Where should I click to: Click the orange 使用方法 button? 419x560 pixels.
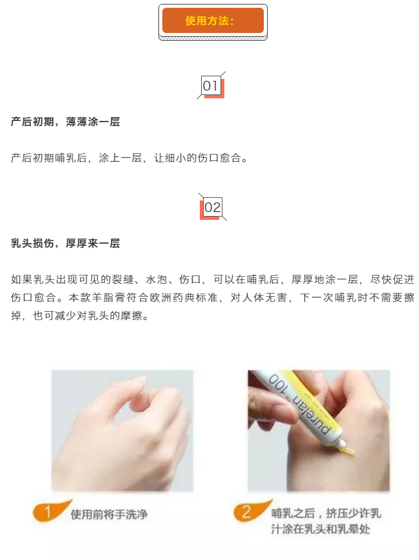213,20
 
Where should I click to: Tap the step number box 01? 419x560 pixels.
211,85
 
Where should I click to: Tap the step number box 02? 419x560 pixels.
213,207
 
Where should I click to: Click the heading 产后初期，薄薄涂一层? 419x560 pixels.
65,122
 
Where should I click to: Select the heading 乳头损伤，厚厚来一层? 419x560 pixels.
65,243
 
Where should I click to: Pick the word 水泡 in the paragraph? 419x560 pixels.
156,279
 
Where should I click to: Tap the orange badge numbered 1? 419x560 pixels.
47,512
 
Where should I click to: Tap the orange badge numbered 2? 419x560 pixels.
246,512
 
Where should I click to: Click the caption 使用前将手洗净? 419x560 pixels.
109,514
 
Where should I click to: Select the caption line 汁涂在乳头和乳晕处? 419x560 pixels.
321,529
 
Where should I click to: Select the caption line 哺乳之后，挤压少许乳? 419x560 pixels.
326,513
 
